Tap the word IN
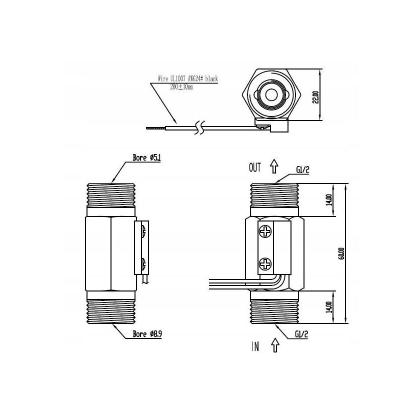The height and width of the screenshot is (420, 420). [x=255, y=346]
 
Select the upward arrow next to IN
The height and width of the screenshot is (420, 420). [x=274, y=345]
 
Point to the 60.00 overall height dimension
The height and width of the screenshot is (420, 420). [x=341, y=254]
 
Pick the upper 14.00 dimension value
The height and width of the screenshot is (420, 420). [x=328, y=199]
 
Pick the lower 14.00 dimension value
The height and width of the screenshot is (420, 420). [x=328, y=306]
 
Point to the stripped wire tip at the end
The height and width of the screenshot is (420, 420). [x=152, y=129]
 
